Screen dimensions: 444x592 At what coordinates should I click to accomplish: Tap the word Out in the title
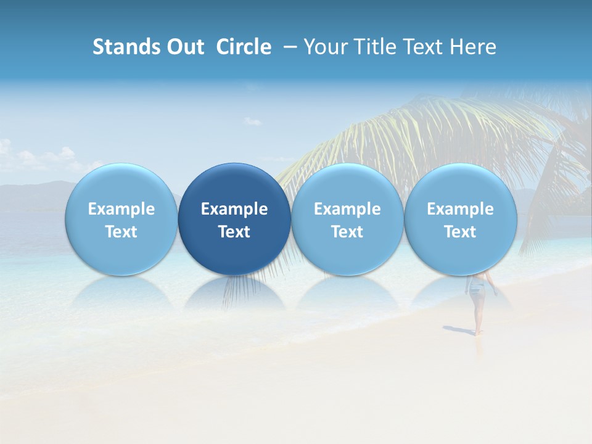point(186,47)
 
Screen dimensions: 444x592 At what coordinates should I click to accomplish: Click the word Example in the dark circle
point(234,209)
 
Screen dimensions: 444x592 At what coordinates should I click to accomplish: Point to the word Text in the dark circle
point(234,232)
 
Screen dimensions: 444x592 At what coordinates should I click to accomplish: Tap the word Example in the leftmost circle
point(121,209)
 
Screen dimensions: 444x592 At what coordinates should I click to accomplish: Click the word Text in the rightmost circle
point(461,232)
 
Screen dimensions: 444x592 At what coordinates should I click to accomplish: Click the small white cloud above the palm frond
point(252,121)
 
